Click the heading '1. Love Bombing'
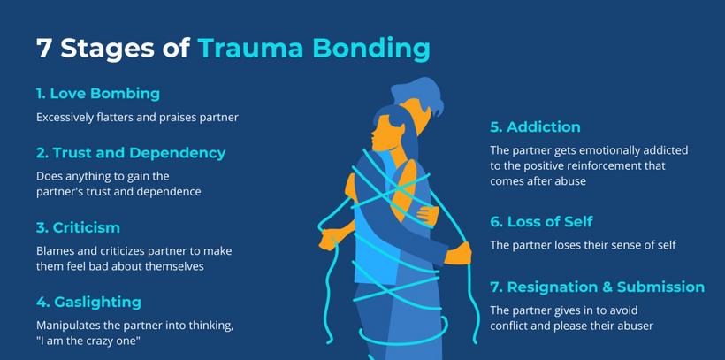click(98, 94)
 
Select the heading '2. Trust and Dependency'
click(131, 153)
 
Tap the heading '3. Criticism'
click(78, 227)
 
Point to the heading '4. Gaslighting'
click(88, 303)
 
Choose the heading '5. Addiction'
click(536, 127)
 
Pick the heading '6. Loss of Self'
click(541, 222)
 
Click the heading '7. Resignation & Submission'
click(598, 287)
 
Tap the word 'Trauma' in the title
click(251, 48)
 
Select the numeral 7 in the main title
click(43, 48)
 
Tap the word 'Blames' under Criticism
click(52, 251)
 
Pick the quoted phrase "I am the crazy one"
click(88, 341)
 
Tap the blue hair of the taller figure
click(418, 94)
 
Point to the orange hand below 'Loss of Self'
click(459, 254)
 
